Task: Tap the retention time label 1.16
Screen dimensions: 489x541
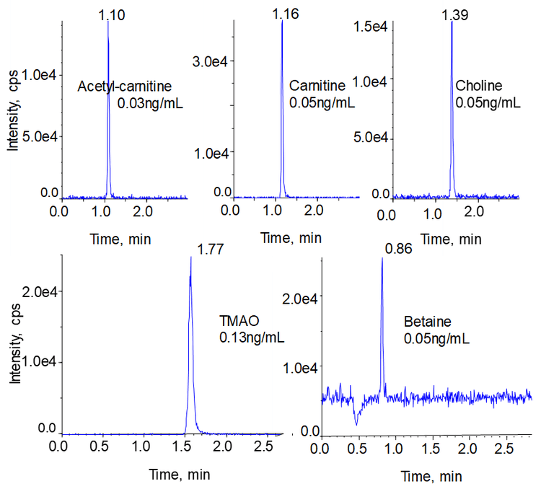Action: (286, 14)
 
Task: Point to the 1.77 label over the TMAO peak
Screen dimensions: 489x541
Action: (211, 250)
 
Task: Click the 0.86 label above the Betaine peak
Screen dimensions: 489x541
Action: (395, 250)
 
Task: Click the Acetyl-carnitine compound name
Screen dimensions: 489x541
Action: (125, 87)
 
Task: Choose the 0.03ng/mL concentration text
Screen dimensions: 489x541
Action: (150, 103)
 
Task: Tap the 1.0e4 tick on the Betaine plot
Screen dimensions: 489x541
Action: (297, 368)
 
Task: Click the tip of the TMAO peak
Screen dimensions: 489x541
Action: (190, 258)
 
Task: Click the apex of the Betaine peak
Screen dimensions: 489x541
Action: (382, 258)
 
